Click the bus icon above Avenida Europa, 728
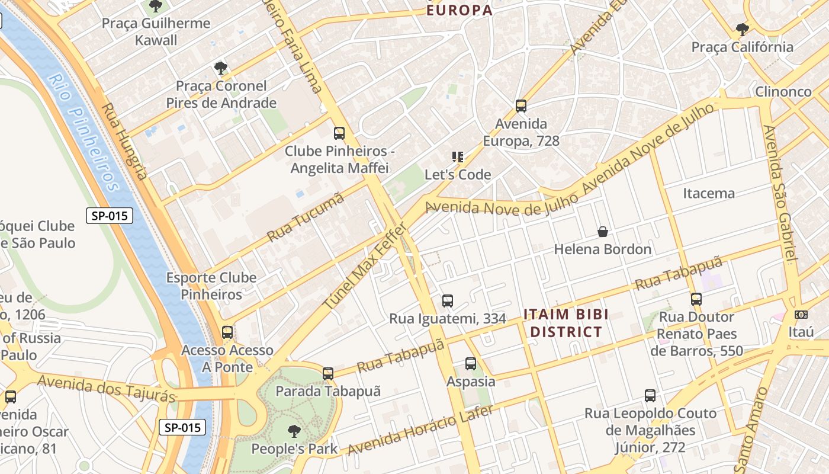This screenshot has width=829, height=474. [521, 106]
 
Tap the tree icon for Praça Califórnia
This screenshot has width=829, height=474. [742, 29]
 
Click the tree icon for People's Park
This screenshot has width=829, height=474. [294, 431]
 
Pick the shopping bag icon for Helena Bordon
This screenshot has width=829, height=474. [603, 232]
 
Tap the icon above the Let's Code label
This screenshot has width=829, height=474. [458, 157]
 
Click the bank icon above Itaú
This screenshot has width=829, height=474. [801, 315]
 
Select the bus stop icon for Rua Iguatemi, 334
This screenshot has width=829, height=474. [448, 301]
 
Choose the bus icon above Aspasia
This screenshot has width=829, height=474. [471, 363]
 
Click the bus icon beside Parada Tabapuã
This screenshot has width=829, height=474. [328, 374]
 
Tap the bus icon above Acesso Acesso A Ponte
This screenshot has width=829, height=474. [227, 332]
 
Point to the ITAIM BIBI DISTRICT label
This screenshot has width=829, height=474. [565, 323]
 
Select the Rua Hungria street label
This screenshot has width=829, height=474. [124, 142]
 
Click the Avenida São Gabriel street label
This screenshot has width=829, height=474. [781, 192]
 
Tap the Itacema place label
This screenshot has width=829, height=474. [708, 193]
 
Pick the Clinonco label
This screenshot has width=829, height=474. [783, 92]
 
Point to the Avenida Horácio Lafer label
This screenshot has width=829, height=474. [420, 430]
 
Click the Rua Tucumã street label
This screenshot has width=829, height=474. [306, 217]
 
